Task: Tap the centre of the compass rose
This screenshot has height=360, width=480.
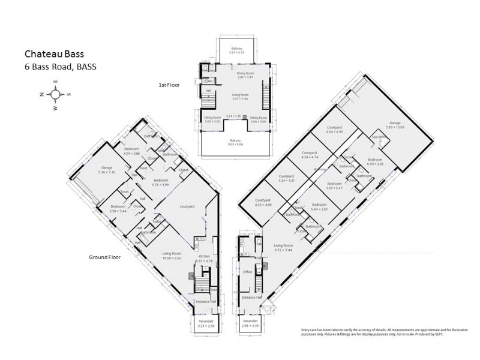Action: coord(55,94)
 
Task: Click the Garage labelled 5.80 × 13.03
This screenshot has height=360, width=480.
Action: coord(395,124)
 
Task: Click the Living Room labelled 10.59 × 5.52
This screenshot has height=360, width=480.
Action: coord(172,256)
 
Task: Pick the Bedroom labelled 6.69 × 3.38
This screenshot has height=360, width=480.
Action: coord(375,161)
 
